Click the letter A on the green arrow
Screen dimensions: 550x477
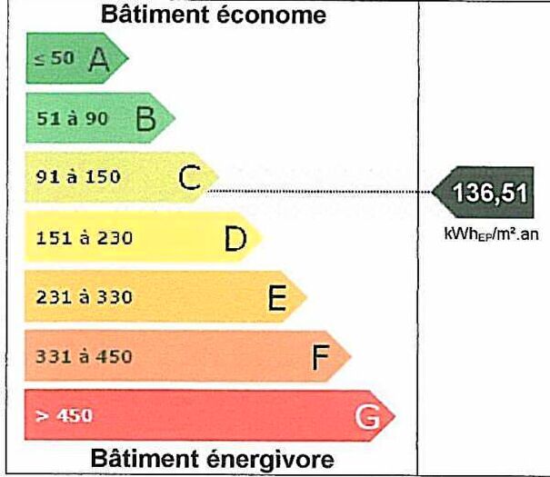pos(99,60)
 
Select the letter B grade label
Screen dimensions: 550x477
pos(146,118)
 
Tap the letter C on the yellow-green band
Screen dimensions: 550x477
pos(189,177)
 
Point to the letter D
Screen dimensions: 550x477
pos(235,239)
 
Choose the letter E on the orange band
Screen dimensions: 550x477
pos(277,298)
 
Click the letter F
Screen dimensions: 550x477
pos(321,357)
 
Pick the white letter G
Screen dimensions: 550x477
pos(367,417)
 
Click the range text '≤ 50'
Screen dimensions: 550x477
pos(55,58)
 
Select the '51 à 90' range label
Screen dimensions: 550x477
pos(72,118)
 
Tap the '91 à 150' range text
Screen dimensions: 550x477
pos(78,176)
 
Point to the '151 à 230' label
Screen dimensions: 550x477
pos(85,238)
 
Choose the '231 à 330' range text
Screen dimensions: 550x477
pos(85,297)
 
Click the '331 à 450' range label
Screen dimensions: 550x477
pos(85,357)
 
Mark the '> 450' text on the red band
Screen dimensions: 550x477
pos(64,416)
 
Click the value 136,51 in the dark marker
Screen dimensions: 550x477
pos(490,193)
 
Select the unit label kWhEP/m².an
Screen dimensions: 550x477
pos(491,234)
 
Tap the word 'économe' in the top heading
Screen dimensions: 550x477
pos(271,15)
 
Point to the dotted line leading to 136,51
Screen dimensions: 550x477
pos(320,192)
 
